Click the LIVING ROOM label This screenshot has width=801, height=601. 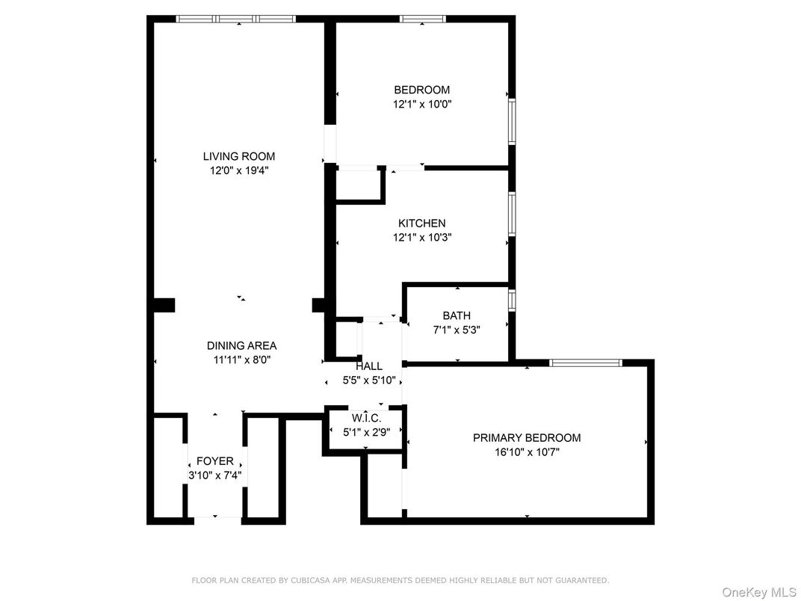pyautogui.click(x=238, y=156)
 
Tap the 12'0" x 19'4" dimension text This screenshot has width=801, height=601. pyautogui.click(x=238, y=170)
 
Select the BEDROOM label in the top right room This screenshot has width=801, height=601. pyautogui.click(x=422, y=90)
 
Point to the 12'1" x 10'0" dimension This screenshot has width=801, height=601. pyautogui.click(x=422, y=104)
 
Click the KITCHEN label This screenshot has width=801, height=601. pyautogui.click(x=421, y=223)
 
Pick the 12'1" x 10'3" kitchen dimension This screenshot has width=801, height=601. pyautogui.click(x=421, y=237)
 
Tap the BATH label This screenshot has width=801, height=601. pyautogui.click(x=456, y=315)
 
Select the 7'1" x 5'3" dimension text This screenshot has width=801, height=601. pyautogui.click(x=456, y=330)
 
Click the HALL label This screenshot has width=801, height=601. pyautogui.click(x=369, y=366)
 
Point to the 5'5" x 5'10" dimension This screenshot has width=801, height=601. pyautogui.click(x=369, y=380)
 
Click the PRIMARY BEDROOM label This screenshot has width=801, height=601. pyautogui.click(x=526, y=437)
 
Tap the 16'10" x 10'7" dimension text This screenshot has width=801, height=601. pyautogui.click(x=526, y=451)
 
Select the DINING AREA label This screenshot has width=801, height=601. pyautogui.click(x=241, y=345)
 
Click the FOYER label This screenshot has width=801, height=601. pyautogui.click(x=214, y=461)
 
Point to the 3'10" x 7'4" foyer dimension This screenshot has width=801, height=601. pyautogui.click(x=214, y=475)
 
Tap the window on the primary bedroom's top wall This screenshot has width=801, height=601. pyautogui.click(x=585, y=363)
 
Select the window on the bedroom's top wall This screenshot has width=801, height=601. pyautogui.click(x=422, y=19)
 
